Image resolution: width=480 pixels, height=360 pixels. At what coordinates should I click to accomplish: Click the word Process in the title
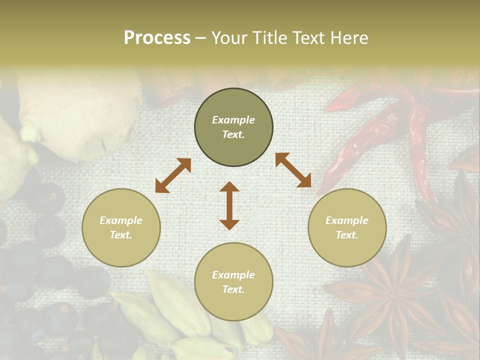[157, 38]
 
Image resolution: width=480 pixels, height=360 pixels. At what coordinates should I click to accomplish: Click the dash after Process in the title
[200, 38]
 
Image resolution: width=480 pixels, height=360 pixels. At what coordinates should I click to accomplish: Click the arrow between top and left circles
[173, 175]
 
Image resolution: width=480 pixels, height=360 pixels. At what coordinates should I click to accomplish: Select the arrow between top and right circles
[293, 170]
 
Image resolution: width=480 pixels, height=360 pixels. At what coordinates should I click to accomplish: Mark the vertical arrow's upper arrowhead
[229, 187]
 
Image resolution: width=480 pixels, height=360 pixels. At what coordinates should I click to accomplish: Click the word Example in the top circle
[233, 120]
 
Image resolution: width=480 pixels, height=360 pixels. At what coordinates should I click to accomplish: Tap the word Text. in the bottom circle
[233, 289]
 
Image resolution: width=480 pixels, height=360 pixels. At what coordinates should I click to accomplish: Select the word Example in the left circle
[121, 220]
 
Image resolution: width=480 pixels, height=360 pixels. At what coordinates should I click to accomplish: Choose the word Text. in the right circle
[347, 235]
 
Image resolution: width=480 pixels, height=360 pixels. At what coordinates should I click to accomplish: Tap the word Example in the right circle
[347, 220]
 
